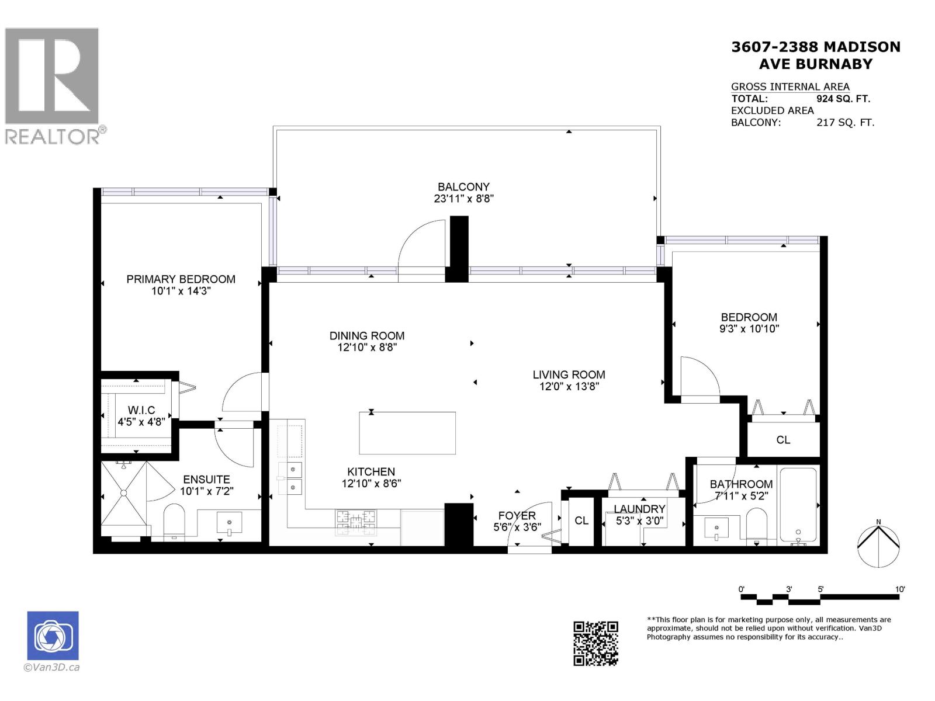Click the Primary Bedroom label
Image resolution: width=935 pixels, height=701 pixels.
point(181,279)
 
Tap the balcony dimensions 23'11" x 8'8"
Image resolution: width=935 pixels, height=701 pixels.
point(463,199)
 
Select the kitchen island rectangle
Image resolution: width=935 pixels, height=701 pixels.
point(407,433)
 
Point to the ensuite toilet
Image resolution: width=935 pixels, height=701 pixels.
point(174,521)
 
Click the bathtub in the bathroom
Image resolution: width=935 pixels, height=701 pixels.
point(798,506)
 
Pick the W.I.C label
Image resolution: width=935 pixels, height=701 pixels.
point(141,410)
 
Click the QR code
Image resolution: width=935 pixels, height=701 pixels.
point(595,644)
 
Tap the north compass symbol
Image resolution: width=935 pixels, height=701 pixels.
point(878,546)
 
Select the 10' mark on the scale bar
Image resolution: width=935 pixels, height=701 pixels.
point(899,589)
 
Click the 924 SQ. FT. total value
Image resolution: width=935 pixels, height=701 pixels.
point(843,99)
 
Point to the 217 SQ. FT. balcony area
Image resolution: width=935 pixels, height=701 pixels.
point(845,123)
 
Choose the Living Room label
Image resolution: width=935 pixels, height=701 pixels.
point(569,374)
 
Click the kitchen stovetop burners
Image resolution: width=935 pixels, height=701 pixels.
point(356,523)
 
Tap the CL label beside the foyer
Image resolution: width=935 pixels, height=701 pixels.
point(581,520)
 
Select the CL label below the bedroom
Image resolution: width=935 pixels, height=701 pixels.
point(783,440)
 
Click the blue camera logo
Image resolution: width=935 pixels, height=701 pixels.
point(53,636)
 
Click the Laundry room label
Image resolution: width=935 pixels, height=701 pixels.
point(639,509)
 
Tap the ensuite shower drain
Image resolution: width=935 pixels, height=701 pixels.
point(123,493)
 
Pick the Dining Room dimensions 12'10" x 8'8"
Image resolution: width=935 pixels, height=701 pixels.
point(367,348)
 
